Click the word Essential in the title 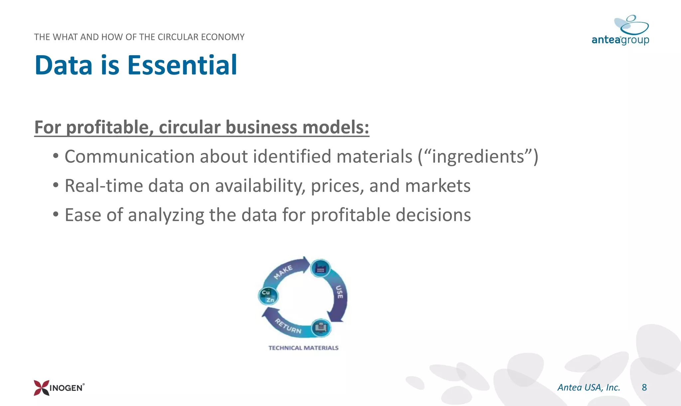click(182, 65)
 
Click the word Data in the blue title click(64, 65)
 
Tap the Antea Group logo click(620, 31)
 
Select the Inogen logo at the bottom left click(59, 388)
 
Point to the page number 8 click(644, 387)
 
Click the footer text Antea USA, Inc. click(589, 387)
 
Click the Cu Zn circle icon click(268, 296)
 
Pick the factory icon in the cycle click(320, 268)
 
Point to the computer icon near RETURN click(321, 328)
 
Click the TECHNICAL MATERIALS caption click(303, 348)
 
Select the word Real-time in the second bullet click(103, 186)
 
